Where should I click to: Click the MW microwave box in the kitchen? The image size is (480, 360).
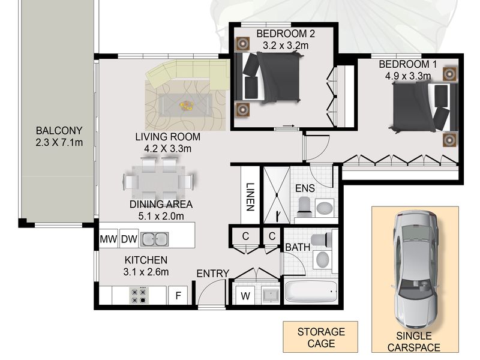(109, 238)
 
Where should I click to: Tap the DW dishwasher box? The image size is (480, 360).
(129, 238)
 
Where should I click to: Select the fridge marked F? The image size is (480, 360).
(178, 295)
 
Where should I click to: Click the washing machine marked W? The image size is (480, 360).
(245, 296)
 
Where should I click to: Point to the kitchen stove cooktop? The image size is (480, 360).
(139, 295)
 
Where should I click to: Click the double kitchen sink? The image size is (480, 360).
(154, 239)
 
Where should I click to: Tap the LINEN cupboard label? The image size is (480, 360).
(250, 197)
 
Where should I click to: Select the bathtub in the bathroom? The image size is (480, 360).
(311, 292)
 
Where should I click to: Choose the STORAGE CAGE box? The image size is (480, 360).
(320, 337)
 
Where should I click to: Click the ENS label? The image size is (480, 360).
(305, 188)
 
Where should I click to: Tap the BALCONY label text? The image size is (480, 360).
(59, 131)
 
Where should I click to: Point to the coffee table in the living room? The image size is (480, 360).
(185, 106)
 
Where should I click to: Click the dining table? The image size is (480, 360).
(158, 182)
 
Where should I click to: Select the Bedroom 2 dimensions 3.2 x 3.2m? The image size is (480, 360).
(286, 46)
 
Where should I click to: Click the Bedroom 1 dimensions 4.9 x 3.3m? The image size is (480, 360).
(408, 76)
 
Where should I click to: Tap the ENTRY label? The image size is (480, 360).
(213, 274)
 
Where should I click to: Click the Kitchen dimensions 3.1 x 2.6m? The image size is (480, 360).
(146, 272)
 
